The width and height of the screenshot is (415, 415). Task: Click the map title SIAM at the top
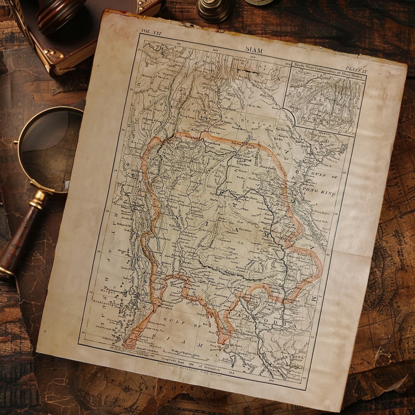pos(254,50)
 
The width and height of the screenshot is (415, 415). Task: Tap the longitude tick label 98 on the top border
pos(179,43)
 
